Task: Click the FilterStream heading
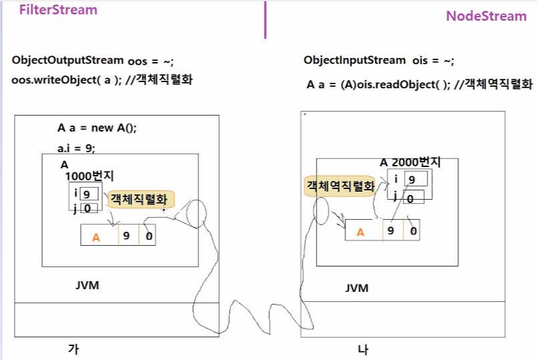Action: [x=58, y=10]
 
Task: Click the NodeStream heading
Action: [x=486, y=16]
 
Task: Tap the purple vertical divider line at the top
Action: [x=265, y=20]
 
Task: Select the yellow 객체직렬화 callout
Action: [x=140, y=199]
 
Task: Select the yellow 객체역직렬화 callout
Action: [x=340, y=186]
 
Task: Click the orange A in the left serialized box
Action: [x=96, y=236]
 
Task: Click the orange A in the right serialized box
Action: [x=361, y=232]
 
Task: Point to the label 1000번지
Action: [x=89, y=176]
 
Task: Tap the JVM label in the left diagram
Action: [x=87, y=286]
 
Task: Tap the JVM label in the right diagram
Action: [x=357, y=288]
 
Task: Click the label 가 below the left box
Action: [x=73, y=348]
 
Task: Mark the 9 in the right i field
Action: [x=411, y=179]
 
